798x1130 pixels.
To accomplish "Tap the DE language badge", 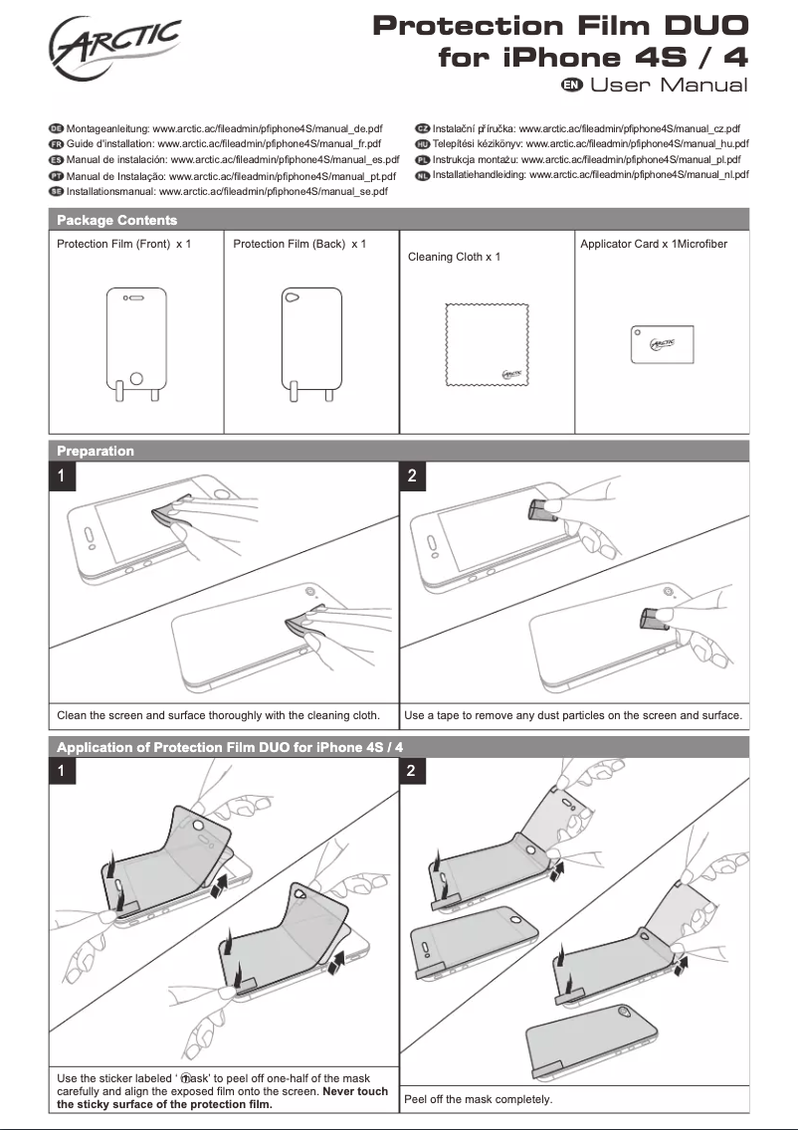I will click(x=56, y=129).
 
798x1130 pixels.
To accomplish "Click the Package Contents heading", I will click(x=116, y=220).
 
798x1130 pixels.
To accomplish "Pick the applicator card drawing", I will click(x=661, y=344).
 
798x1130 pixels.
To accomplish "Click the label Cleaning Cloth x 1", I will click(x=454, y=257).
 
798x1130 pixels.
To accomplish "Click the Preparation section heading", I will click(x=96, y=451).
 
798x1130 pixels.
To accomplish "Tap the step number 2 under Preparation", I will click(x=413, y=476).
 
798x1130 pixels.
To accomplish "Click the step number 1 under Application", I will click(x=62, y=771).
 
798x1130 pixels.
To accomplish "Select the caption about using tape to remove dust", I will click(x=573, y=715).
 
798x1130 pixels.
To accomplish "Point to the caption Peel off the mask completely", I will click(x=478, y=1099).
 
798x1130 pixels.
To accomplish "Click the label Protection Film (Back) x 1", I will click(x=299, y=244).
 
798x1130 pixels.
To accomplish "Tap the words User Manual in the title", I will click(x=669, y=85).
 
